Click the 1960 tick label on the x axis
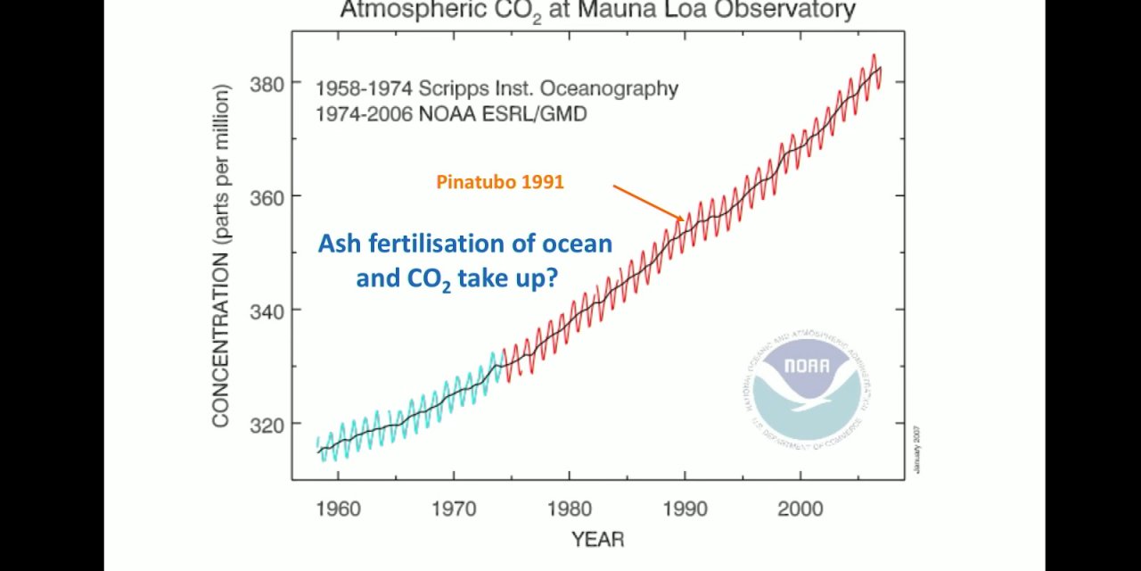(x=338, y=509)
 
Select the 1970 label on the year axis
(x=454, y=509)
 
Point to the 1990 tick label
(x=685, y=509)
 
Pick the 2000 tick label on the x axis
(x=800, y=509)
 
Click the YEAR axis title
(x=597, y=540)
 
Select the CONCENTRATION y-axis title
(x=221, y=255)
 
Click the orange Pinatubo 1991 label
(x=500, y=182)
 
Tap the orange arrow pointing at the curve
(x=648, y=203)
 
